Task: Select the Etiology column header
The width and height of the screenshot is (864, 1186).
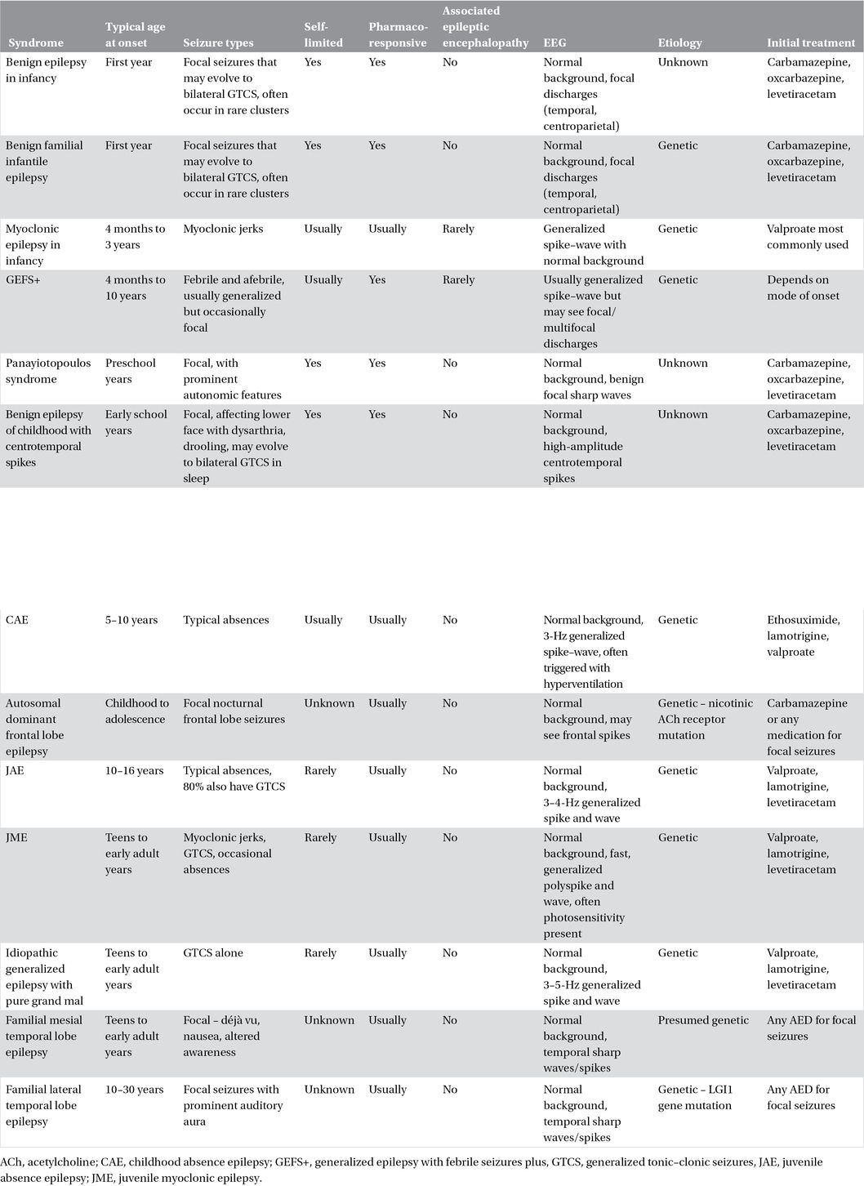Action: click(x=679, y=42)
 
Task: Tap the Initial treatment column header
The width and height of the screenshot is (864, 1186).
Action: click(x=811, y=42)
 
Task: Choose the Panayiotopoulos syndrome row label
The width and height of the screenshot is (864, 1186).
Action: click(x=48, y=371)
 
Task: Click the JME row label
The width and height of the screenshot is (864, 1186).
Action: click(x=16, y=837)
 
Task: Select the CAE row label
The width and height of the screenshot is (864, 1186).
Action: click(x=17, y=620)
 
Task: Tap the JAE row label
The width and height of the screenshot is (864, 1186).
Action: click(x=16, y=770)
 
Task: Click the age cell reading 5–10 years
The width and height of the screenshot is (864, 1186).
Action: click(x=131, y=620)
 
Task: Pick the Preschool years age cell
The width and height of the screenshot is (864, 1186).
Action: click(x=130, y=371)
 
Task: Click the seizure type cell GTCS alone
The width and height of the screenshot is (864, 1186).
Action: click(x=213, y=953)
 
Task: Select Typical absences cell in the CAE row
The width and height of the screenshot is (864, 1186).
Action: click(x=226, y=620)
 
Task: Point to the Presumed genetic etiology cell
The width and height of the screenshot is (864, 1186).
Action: click(x=703, y=1020)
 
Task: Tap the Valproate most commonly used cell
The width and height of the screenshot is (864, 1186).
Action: click(x=808, y=237)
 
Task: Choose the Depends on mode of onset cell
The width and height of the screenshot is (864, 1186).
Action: click(x=803, y=288)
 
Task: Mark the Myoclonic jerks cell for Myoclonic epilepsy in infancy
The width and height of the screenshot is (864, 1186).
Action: click(x=223, y=229)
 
